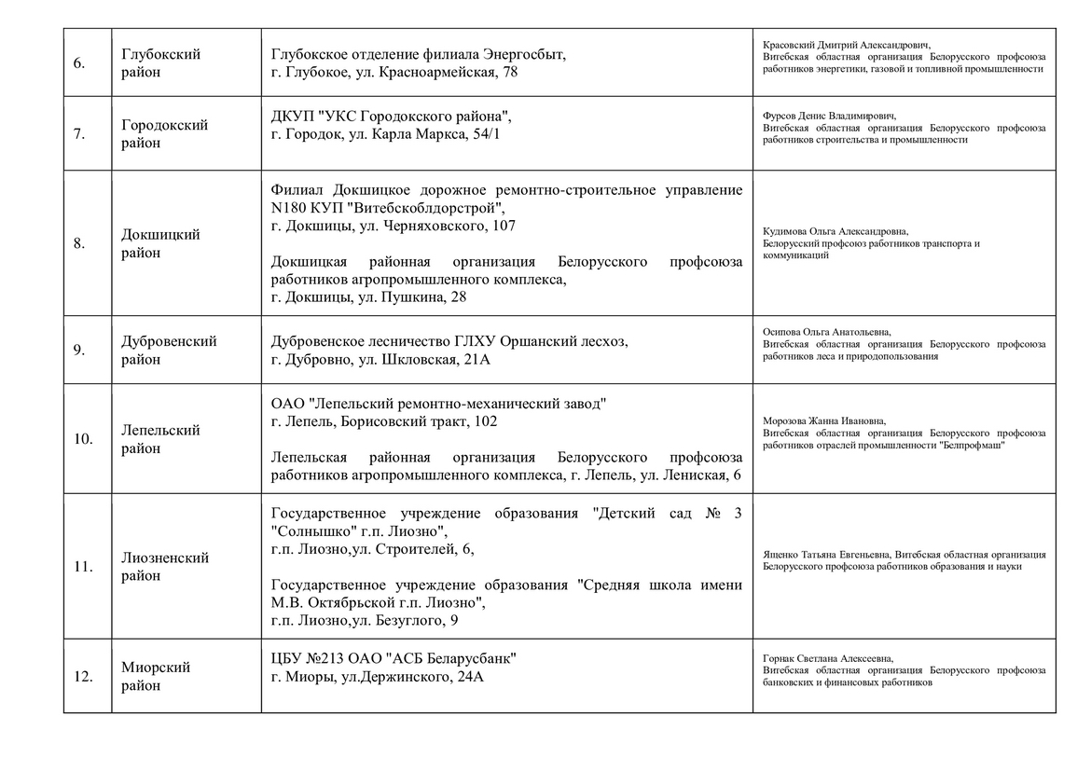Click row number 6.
[79, 63]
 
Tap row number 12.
[82, 677]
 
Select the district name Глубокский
[161, 54]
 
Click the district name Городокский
[165, 125]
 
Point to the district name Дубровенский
[169, 341]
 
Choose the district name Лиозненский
[165, 558]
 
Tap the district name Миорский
[156, 668]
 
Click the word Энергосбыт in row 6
[529, 54]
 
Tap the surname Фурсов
[780, 116]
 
